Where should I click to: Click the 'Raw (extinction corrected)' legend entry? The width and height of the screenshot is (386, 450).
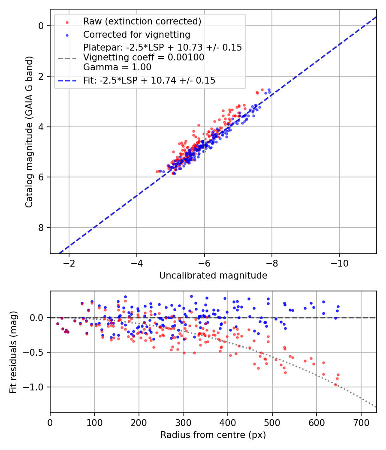click(x=142, y=21)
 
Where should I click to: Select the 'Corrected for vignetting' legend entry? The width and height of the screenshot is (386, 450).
click(x=137, y=34)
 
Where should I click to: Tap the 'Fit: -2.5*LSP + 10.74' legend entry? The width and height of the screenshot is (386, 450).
click(x=149, y=80)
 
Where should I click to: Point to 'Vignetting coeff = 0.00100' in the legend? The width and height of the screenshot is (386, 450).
click(x=144, y=57)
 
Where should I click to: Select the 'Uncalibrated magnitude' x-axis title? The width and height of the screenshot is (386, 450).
click(x=213, y=276)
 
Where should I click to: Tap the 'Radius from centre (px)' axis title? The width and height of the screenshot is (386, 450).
click(x=213, y=435)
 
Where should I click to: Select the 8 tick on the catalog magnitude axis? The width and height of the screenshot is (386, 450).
click(x=41, y=228)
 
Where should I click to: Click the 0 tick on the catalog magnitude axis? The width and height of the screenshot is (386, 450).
click(x=41, y=26)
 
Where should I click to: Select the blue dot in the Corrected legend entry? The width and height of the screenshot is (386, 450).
click(x=67, y=35)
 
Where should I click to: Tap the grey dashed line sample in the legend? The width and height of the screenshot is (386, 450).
click(x=67, y=57)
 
